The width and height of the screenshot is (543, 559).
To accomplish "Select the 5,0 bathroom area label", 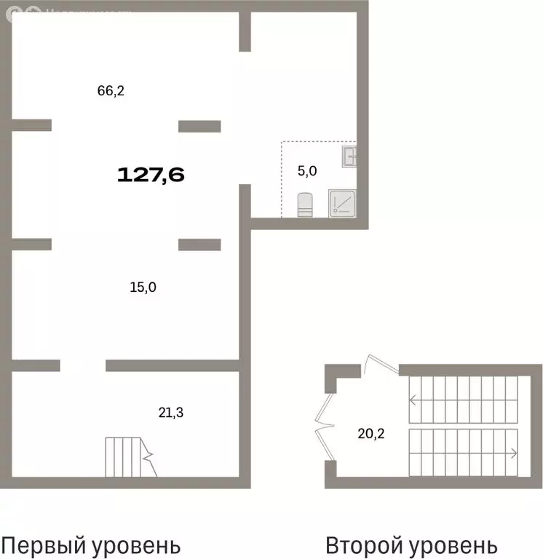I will click(x=307, y=172).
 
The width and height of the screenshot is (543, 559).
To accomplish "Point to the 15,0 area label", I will click(x=143, y=287).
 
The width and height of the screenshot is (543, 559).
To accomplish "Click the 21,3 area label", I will click(x=171, y=413).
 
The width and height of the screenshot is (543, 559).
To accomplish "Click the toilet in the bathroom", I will click(x=305, y=205).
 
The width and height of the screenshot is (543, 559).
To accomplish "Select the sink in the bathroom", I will click(x=349, y=156).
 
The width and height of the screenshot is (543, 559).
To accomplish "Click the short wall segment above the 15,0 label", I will click(x=199, y=245).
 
